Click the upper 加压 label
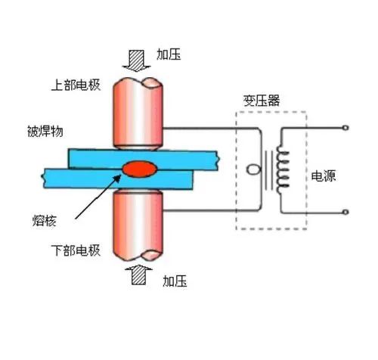click(x=169, y=54)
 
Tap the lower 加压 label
click(x=175, y=281)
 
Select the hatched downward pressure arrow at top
click(x=136, y=61)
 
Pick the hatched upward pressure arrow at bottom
click(x=138, y=275)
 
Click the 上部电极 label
click(x=76, y=85)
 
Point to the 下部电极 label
click(x=76, y=250)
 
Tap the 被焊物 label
click(x=45, y=132)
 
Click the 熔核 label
click(x=44, y=221)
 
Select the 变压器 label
click(x=262, y=101)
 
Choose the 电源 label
click(x=324, y=175)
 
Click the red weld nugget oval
click(x=140, y=169)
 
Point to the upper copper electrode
click(x=138, y=113)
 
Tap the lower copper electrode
click(x=138, y=225)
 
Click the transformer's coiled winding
click(x=283, y=169)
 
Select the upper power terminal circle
click(x=345, y=128)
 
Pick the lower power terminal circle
click(x=345, y=212)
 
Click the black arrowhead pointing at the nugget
click(x=118, y=178)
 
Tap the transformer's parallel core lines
click(x=268, y=170)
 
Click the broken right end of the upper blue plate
click(x=218, y=160)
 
